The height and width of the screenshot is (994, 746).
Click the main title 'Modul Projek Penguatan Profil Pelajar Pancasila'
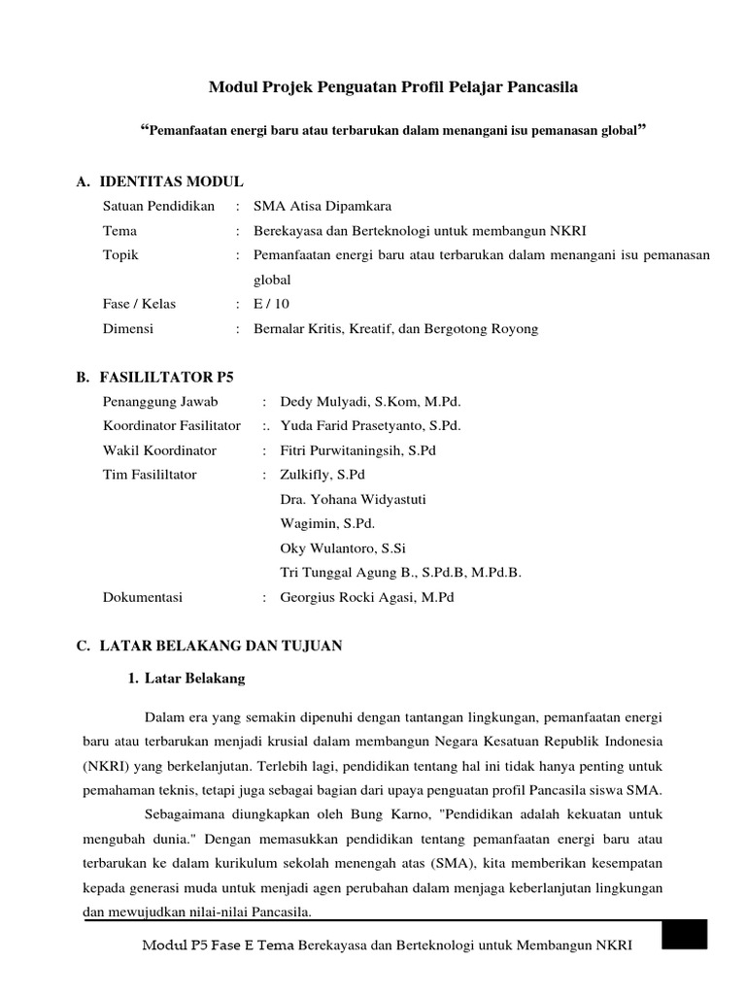[x=393, y=88]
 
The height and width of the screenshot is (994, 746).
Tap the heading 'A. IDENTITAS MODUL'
[x=159, y=182]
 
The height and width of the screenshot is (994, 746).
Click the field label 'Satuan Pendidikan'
[x=158, y=206]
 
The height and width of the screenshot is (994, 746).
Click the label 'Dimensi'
[x=128, y=329]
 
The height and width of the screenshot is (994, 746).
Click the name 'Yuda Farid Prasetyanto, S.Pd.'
[x=370, y=426]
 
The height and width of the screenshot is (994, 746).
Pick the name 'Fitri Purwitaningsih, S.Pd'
[x=359, y=450]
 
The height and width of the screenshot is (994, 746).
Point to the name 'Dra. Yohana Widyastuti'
[x=353, y=500]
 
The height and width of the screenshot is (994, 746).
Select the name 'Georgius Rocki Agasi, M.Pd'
[x=367, y=598]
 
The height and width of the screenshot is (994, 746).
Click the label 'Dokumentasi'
[x=143, y=598]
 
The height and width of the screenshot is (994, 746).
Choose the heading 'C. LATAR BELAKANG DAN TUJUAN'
[x=209, y=646]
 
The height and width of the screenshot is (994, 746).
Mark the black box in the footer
[x=684, y=936]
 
